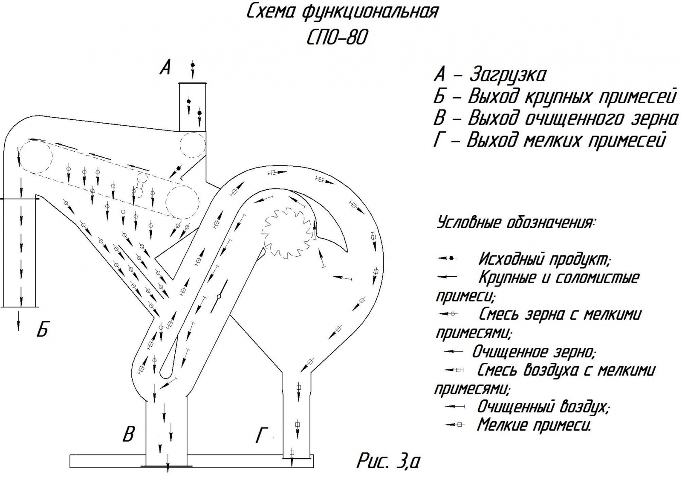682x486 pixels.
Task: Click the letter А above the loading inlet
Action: click(x=165, y=67)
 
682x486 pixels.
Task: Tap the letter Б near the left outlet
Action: click(x=42, y=330)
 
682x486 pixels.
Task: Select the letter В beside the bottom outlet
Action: click(x=129, y=434)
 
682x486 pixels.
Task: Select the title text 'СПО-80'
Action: click(x=336, y=38)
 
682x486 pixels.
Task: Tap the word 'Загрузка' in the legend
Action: click(x=507, y=75)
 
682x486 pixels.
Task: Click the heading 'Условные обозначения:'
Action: click(x=516, y=223)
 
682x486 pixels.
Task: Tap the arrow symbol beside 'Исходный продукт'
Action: click(x=447, y=258)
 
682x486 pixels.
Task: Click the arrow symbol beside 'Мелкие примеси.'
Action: click(x=454, y=425)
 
